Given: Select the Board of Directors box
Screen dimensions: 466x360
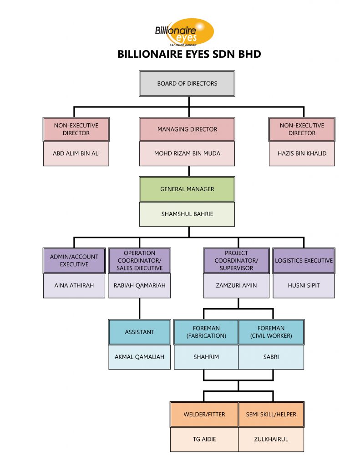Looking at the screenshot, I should click(x=187, y=83).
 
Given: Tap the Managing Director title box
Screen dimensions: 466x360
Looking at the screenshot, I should click(x=187, y=129).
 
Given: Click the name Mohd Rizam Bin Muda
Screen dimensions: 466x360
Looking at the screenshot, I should click(x=187, y=153).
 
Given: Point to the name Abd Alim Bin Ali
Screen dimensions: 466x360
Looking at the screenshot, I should click(x=76, y=153).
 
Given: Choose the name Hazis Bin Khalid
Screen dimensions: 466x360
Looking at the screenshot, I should click(x=302, y=153).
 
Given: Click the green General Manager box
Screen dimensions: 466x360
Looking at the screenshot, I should click(x=187, y=189).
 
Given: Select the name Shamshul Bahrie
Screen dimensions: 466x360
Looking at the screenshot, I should click(x=187, y=213).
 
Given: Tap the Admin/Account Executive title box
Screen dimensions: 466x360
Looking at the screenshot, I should click(x=74, y=260).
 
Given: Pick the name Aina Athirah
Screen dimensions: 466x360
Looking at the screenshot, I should click(x=74, y=285).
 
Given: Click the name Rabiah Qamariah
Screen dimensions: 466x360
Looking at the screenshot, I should click(x=139, y=285).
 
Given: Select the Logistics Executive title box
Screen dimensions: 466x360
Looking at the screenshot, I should click(x=304, y=260).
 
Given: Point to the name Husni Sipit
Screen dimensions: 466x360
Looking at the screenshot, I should click(x=304, y=285).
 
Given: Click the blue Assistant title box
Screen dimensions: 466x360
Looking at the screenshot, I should click(x=139, y=332).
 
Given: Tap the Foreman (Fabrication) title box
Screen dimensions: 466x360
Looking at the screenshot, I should click(x=206, y=332).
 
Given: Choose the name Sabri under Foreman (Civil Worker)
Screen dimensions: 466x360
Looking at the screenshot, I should click(x=271, y=357).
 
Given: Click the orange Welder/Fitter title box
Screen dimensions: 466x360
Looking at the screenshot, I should click(x=204, y=415).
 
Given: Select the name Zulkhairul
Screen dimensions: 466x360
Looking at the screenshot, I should click(x=271, y=439).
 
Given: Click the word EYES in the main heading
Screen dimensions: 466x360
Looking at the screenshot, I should click(x=208, y=54).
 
